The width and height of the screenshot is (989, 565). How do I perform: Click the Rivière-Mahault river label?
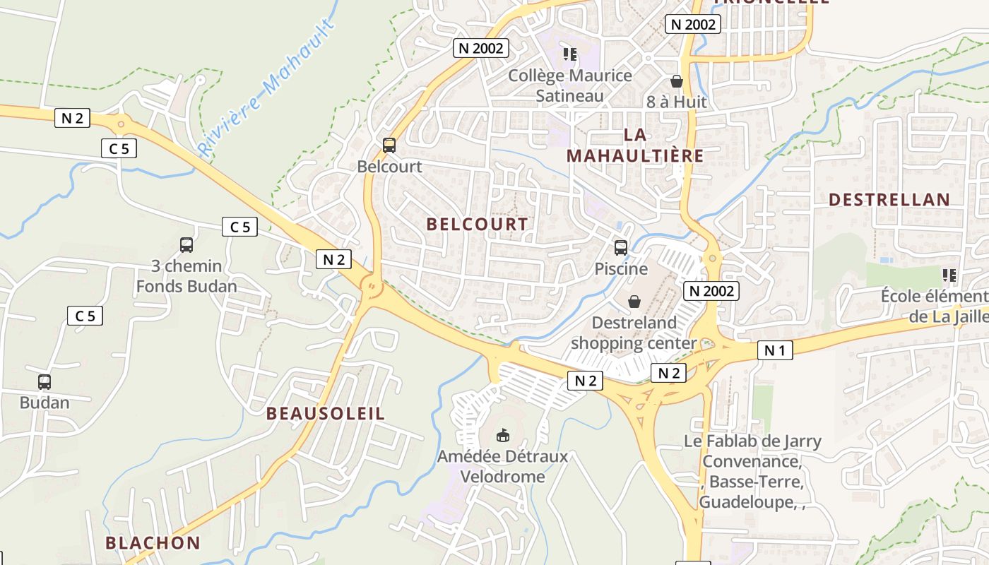[x=265, y=88]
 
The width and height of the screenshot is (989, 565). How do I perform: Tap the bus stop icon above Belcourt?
[x=389, y=145]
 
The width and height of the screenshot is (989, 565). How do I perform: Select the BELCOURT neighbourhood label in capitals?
[x=478, y=225]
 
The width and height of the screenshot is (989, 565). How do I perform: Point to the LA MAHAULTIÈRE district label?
[x=635, y=145]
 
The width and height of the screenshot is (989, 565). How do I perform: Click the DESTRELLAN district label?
[x=889, y=200]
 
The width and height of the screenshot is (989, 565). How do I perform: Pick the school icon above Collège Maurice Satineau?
[x=570, y=54]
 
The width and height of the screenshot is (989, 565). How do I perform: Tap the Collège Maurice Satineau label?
[x=570, y=85]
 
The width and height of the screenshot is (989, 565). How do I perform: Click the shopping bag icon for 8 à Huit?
[x=676, y=81]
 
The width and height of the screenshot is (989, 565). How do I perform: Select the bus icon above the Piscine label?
[x=621, y=248]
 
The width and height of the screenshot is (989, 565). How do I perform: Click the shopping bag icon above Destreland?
[x=634, y=302]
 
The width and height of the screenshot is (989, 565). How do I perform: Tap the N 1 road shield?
[x=775, y=350]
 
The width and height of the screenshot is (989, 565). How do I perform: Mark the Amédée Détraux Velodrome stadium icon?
[x=503, y=435]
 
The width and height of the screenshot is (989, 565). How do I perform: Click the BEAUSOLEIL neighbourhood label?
[x=326, y=414]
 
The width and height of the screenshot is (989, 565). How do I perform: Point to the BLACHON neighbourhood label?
[x=153, y=543]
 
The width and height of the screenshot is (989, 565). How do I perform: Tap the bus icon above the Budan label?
[x=45, y=382]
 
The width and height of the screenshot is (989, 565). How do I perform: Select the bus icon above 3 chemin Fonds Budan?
[x=186, y=245]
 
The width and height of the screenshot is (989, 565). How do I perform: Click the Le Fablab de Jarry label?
[x=752, y=441]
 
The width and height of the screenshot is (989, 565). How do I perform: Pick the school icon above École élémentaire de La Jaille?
[x=949, y=275]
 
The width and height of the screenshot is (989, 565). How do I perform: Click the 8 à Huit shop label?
[x=676, y=102]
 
